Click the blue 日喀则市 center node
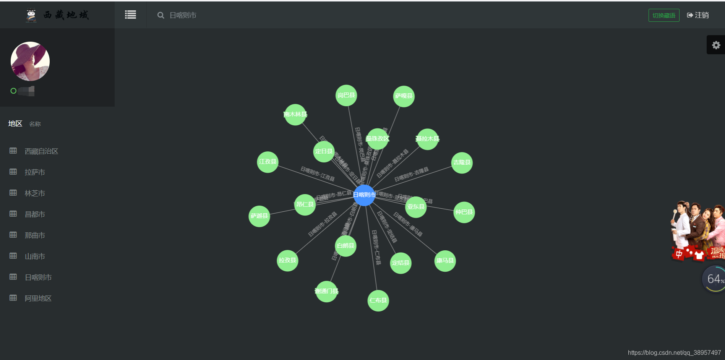[364, 195]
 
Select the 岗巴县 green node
[346, 95]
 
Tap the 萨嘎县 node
[404, 96]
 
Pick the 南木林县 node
[295, 114]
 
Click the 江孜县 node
[268, 162]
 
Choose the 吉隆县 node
[462, 162]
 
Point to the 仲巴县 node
[464, 212]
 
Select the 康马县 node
[445, 261]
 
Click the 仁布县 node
[378, 300]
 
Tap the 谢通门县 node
[326, 291]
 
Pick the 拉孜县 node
[287, 260]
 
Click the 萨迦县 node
[259, 216]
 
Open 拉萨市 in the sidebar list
[35, 172]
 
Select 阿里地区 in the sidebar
[38, 298]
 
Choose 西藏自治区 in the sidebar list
[41, 151]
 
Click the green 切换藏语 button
[664, 15]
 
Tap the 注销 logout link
[698, 15]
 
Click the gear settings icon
[716, 45]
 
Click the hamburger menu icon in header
[130, 15]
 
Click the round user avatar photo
[30, 61]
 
